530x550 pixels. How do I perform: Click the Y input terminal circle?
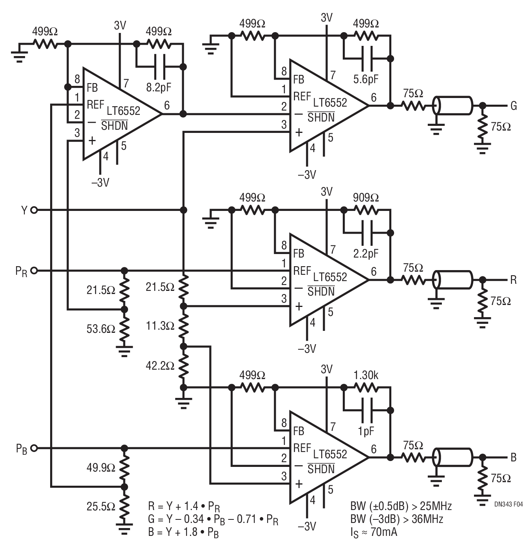click(x=34, y=210)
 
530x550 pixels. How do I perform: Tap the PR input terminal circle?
click(x=34, y=271)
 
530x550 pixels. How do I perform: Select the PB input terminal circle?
click(x=34, y=448)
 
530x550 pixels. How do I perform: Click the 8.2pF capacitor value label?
click(x=158, y=88)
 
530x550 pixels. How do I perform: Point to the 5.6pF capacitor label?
click(x=365, y=80)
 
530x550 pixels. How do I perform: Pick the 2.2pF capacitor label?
click(x=365, y=254)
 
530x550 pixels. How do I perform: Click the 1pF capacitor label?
click(x=366, y=431)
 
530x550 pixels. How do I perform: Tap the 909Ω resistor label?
click(x=365, y=198)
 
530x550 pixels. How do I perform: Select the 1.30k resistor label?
click(x=365, y=375)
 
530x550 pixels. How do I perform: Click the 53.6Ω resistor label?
click(x=101, y=329)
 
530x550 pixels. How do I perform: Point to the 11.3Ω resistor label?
click(x=160, y=326)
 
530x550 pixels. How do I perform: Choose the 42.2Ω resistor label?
click(x=160, y=366)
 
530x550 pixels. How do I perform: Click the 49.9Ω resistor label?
click(x=101, y=468)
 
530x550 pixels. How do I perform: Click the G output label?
click(x=514, y=106)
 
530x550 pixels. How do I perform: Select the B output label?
click(x=514, y=457)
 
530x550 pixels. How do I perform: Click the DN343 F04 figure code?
click(x=508, y=504)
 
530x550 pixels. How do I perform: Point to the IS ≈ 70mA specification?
click(x=374, y=533)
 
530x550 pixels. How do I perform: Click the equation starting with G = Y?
click(x=213, y=519)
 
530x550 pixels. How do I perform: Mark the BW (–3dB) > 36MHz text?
click(x=397, y=519)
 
